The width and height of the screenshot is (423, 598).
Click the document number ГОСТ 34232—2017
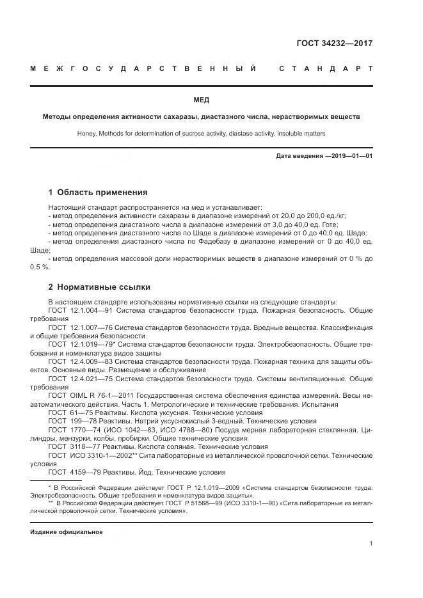pyautogui.click(x=335, y=44)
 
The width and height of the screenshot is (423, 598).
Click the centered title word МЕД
pyautogui.click(x=201, y=100)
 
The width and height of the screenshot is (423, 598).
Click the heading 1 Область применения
pyautogui.click(x=98, y=192)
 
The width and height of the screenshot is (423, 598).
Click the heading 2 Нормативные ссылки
pyautogui.click(x=99, y=287)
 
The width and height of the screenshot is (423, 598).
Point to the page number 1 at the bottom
pyautogui.click(x=371, y=543)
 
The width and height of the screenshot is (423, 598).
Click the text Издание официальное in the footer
pyautogui.click(x=66, y=531)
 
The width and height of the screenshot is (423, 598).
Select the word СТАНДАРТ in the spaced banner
pyautogui.click(x=326, y=67)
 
